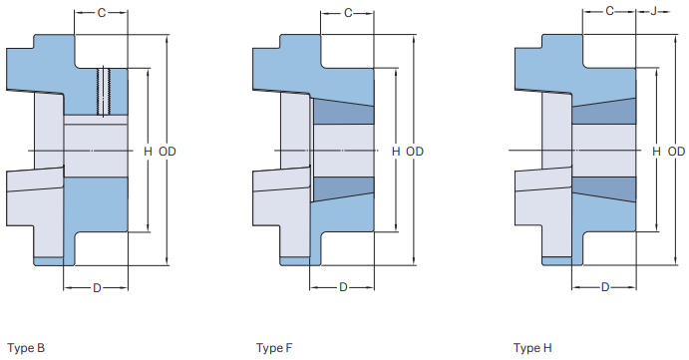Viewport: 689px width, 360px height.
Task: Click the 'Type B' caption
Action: [x=25, y=348]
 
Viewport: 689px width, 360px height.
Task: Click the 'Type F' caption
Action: [x=274, y=348]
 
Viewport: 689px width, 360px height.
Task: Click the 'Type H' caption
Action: [x=532, y=348]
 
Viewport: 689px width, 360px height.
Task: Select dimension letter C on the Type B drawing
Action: [x=101, y=13]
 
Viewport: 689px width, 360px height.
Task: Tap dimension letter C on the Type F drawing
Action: [x=348, y=13]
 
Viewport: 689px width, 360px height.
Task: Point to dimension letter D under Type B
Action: [x=97, y=288]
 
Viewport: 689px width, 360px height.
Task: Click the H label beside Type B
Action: [x=148, y=151]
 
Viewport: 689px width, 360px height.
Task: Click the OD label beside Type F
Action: [x=415, y=151]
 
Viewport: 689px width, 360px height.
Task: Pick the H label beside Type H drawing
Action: [x=656, y=151]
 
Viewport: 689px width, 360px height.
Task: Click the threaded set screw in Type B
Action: [x=103, y=91]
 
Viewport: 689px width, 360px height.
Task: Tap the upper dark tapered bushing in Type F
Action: [x=343, y=113]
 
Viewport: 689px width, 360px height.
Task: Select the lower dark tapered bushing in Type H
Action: [x=605, y=188]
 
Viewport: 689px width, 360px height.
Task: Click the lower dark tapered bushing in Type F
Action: [x=343, y=187]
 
